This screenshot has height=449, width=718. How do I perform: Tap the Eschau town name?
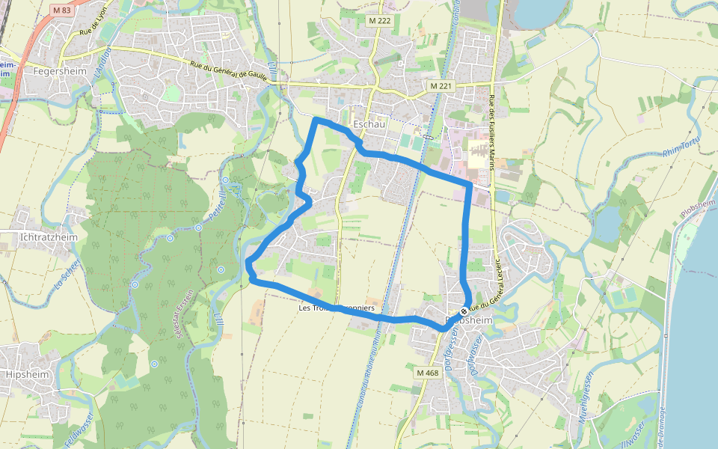(368, 124)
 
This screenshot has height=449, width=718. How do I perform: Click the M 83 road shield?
(61, 10)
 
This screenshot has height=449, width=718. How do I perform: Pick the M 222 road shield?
(379, 21)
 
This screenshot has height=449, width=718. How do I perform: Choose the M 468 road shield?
(427, 373)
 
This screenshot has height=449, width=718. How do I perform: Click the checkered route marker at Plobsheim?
(464, 311)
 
